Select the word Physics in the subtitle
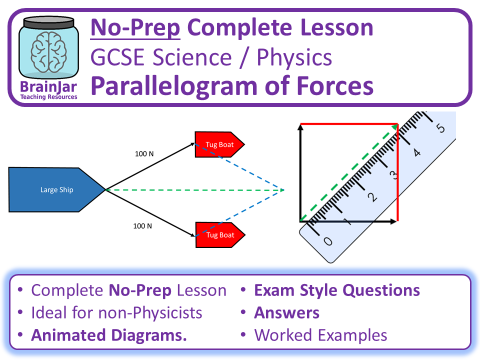click(294, 57)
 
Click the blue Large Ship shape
click(56, 190)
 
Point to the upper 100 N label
click(144, 153)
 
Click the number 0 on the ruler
click(327, 241)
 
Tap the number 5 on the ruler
click(440, 128)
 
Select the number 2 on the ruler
click(371, 197)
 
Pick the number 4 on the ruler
click(417, 151)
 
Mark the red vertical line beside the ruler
click(397, 175)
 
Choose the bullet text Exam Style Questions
click(336, 290)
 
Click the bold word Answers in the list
click(286, 313)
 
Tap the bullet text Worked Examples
click(320, 335)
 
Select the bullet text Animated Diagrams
click(108, 335)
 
